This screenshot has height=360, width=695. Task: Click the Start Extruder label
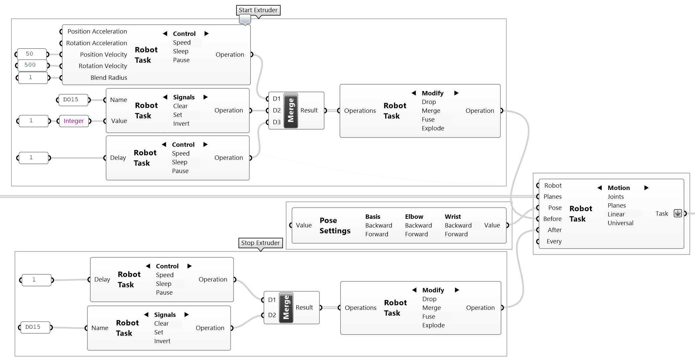click(x=258, y=10)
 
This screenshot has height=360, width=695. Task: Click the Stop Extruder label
click(x=260, y=243)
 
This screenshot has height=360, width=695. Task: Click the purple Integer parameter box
click(x=74, y=121)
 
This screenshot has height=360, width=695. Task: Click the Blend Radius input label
click(x=109, y=78)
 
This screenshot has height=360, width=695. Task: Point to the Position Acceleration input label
click(x=97, y=31)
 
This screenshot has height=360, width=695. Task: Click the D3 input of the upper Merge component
click(x=276, y=122)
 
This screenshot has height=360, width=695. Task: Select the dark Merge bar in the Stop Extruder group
click(x=286, y=307)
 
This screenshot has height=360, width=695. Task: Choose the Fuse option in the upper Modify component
click(x=428, y=119)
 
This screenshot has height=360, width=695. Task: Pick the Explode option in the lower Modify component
click(x=433, y=325)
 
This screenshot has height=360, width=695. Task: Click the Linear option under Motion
click(x=616, y=214)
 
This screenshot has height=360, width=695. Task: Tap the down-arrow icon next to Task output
click(x=678, y=213)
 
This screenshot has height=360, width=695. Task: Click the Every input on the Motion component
click(x=554, y=242)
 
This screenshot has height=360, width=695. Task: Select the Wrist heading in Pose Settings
click(x=453, y=217)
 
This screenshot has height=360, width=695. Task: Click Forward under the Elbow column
click(x=416, y=234)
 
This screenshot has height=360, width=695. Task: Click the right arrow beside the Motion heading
click(x=646, y=188)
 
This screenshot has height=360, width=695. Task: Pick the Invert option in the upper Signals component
click(x=181, y=123)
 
